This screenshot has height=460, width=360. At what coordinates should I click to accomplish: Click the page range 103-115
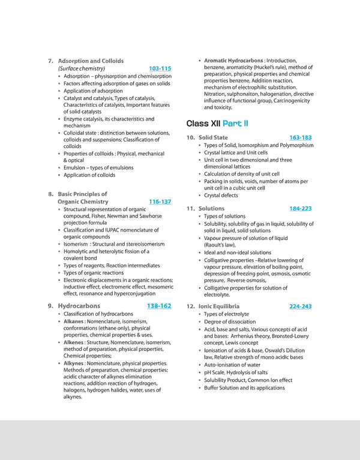click(x=160, y=68)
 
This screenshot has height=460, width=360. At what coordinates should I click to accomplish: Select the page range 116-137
click(x=160, y=202)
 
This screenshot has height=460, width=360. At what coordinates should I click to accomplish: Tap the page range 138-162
click(x=159, y=306)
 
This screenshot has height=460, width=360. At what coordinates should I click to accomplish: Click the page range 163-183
click(x=300, y=137)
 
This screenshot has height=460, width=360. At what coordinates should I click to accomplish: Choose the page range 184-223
click(x=300, y=208)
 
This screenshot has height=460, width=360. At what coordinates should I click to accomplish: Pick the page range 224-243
click(x=300, y=306)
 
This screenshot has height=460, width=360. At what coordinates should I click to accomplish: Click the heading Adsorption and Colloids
click(x=91, y=61)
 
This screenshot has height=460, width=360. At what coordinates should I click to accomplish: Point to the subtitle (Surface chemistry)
click(x=81, y=68)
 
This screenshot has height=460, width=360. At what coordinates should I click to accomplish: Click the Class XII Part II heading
click(x=217, y=124)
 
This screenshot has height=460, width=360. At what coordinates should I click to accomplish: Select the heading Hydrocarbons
click(x=79, y=306)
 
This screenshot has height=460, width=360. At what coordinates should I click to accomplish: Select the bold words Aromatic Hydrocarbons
click(x=233, y=61)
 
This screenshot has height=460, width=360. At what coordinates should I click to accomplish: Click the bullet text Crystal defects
click(x=221, y=196)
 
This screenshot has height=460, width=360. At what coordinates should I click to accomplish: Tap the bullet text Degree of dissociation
click(x=230, y=321)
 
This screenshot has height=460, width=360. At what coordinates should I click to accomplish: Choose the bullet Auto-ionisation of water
click(x=232, y=365)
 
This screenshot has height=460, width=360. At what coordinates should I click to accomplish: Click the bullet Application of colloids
click(x=89, y=175)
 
